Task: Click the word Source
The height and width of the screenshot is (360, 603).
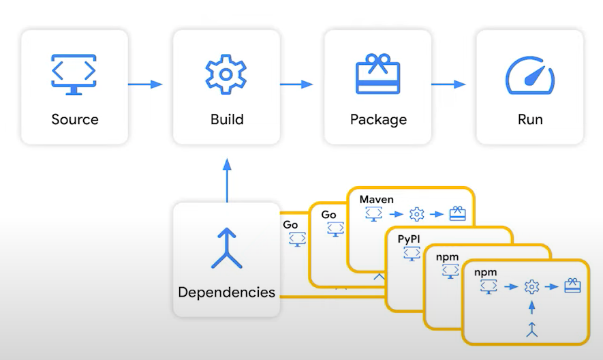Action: (75, 120)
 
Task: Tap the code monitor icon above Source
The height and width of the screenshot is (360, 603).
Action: (74, 72)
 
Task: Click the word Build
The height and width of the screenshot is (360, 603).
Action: (227, 120)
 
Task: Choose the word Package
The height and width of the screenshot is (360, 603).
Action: (378, 120)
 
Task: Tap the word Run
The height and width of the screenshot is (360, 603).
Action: (530, 120)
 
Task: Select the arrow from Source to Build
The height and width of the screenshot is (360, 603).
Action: (145, 85)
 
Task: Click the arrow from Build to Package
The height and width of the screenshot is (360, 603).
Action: (296, 85)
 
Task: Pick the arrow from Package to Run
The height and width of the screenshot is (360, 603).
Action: (448, 85)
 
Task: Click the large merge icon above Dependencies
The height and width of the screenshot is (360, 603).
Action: (226, 248)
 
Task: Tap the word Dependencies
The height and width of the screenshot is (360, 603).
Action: (226, 292)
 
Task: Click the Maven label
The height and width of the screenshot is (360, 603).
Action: (377, 199)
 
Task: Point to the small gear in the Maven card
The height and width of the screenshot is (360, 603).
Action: (416, 215)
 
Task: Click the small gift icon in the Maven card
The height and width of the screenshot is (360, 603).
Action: (457, 215)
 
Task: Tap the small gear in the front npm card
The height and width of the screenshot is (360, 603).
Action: (531, 287)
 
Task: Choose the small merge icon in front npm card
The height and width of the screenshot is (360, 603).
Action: (531, 331)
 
